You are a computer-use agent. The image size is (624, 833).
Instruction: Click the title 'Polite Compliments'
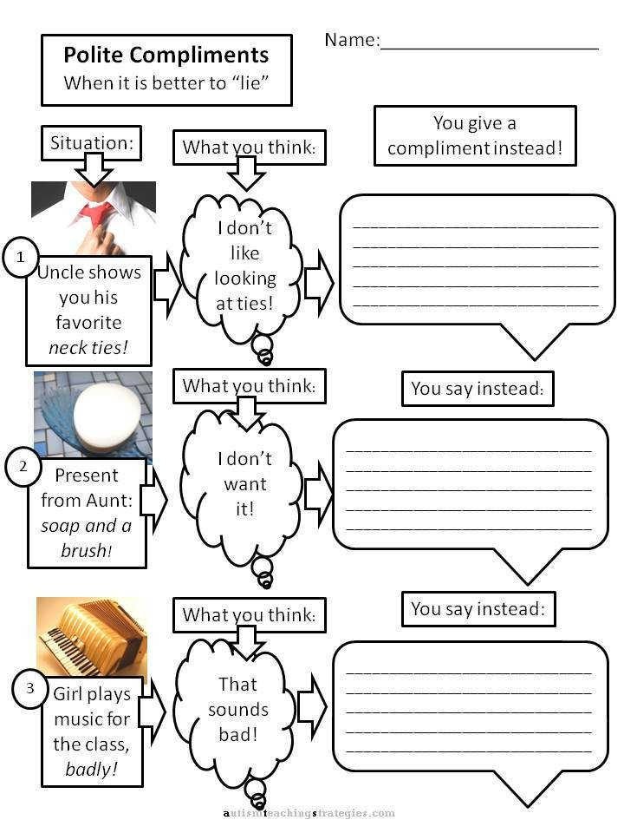pos(166,55)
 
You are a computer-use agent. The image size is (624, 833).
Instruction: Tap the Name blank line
pos(489,49)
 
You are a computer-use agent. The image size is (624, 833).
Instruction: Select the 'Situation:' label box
pos(91,143)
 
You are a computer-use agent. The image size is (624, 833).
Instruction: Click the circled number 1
pos(21,257)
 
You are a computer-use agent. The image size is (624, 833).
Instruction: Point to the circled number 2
pos(23,467)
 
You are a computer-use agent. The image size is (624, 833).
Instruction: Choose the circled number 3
pos(29,688)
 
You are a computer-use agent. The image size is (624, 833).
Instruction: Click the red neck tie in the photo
pos(98,214)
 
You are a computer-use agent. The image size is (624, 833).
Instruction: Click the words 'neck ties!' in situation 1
pos(88,347)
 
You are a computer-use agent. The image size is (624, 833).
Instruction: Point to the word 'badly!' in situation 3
pos(91,769)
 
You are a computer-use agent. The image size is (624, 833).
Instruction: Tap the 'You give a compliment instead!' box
pos(475,136)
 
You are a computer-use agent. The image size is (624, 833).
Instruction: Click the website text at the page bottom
pos(309,813)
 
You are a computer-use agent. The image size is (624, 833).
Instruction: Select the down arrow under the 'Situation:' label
pos(94,169)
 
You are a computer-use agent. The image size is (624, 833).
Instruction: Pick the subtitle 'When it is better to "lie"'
pos(166,83)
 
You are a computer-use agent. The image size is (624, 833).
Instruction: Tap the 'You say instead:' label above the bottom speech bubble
pos(478,609)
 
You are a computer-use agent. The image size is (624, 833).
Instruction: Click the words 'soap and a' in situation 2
pos(86,526)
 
